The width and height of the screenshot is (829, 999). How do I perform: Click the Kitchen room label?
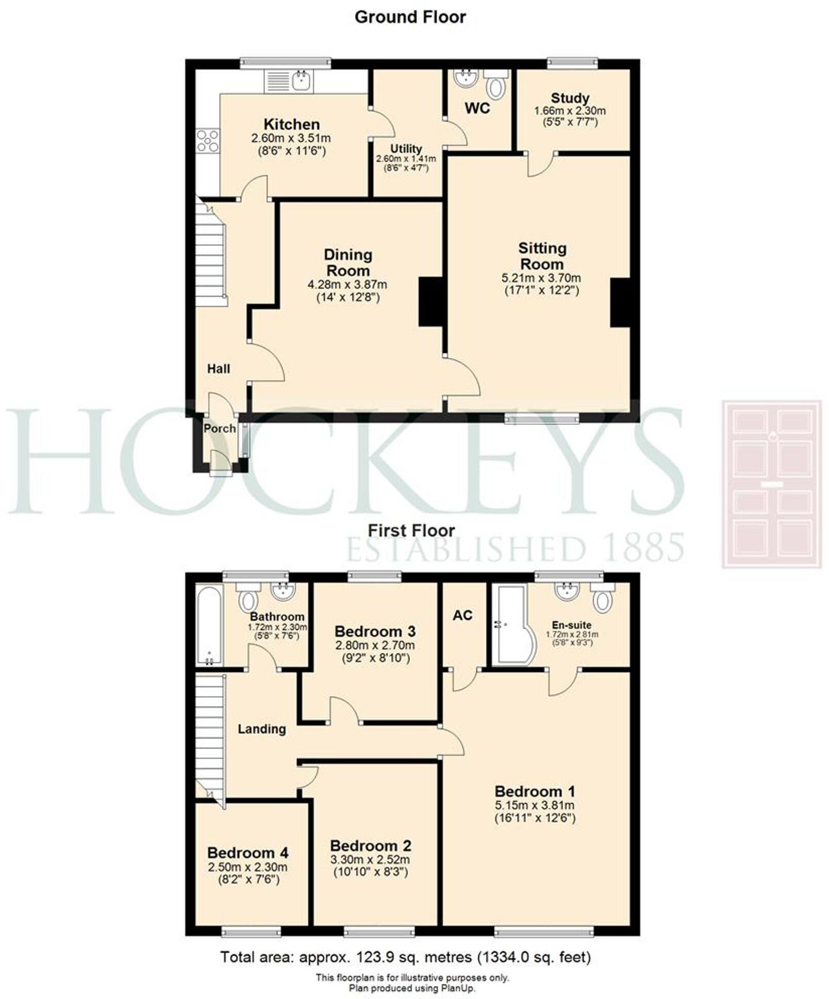coord(291,124)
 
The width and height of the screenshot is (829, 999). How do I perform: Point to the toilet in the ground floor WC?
coord(495,85)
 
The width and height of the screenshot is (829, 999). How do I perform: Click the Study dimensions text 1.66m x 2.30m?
coord(570,111)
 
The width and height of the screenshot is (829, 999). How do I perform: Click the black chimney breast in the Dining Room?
coord(430,302)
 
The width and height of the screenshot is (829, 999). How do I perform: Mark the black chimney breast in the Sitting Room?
coord(620,302)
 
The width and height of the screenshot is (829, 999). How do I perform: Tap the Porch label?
coord(220,429)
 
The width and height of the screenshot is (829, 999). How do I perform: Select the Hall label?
coord(219,369)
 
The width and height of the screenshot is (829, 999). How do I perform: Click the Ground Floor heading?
coord(410,17)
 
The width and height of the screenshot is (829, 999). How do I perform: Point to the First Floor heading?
coord(411,531)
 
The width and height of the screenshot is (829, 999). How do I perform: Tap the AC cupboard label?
coord(462,615)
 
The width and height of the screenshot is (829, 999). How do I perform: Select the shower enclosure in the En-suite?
coord(508,624)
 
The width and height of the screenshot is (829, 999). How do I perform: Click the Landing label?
coord(261,729)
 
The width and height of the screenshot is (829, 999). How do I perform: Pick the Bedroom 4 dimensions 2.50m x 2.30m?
coord(247,867)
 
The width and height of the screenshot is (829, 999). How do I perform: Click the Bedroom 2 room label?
coord(371,845)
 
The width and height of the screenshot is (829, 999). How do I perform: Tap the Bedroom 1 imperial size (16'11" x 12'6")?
coord(535,818)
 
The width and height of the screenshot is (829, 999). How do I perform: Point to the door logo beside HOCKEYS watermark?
coord(771,484)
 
